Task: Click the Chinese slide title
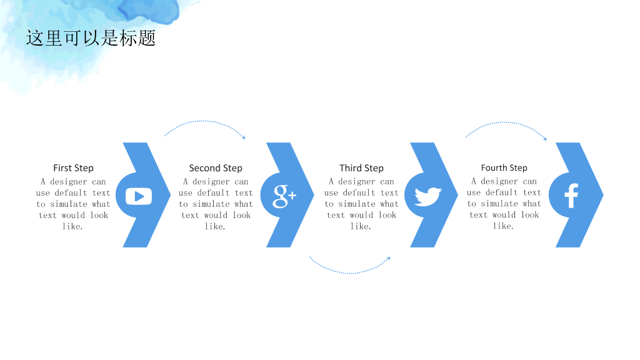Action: (x=91, y=38)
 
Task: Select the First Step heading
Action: (x=74, y=168)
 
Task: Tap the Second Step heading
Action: (x=216, y=168)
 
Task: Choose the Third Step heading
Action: (x=362, y=168)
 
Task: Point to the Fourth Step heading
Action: (x=504, y=167)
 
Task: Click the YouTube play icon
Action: (x=139, y=196)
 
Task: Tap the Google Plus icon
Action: (x=284, y=196)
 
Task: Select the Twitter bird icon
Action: (x=427, y=196)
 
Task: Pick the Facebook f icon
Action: (x=571, y=196)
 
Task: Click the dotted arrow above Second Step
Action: (x=205, y=121)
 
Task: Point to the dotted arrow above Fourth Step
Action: (x=506, y=122)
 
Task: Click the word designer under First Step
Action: (x=69, y=182)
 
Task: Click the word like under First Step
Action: (x=72, y=226)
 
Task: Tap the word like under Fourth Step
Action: (x=503, y=226)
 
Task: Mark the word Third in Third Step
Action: (x=351, y=168)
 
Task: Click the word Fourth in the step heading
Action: (x=494, y=167)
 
